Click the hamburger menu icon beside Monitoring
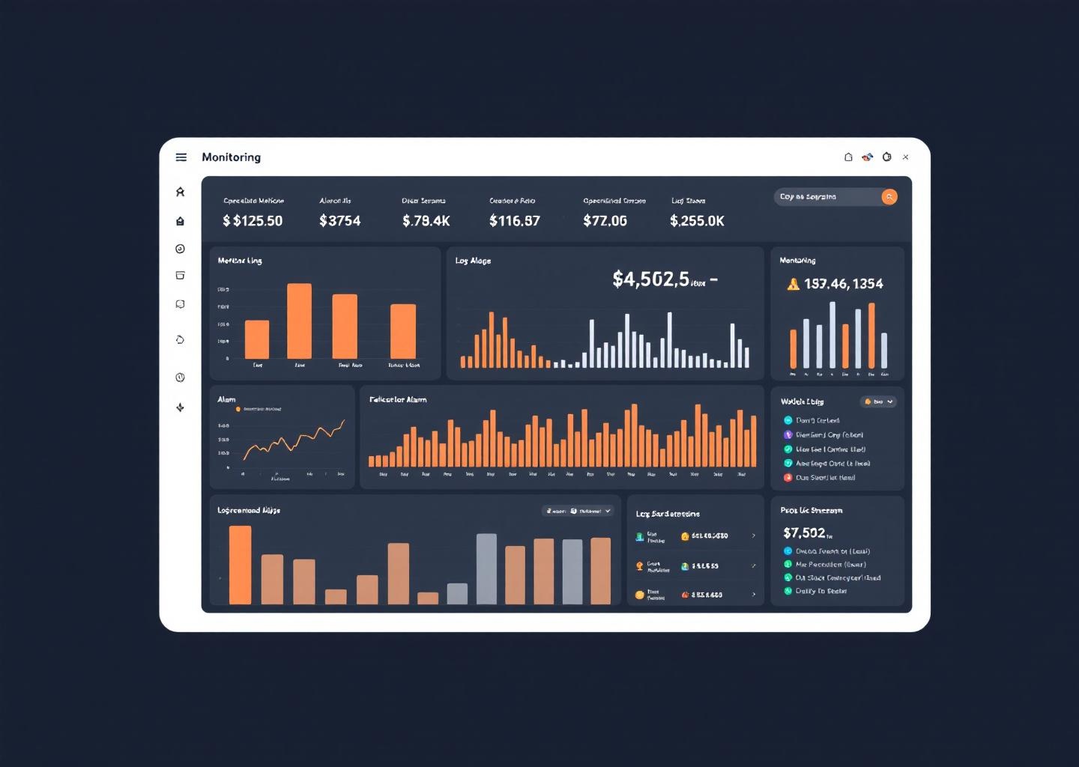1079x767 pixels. coord(181,157)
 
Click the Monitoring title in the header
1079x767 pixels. coord(231,157)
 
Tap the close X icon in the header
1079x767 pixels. coord(906,157)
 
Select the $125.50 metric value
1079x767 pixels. coord(253,221)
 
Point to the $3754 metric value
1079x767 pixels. coord(339,221)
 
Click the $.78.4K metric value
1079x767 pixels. coord(426,221)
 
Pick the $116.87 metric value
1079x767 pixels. coord(514,221)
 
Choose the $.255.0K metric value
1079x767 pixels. coord(697,221)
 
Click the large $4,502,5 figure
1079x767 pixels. coord(650,279)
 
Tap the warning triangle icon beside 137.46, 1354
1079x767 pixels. coord(793,284)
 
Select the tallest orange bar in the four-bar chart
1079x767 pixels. coord(299,321)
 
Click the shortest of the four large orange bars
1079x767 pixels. coord(257,339)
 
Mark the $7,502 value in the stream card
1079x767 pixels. coord(804,533)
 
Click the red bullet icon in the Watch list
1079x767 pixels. coord(788,478)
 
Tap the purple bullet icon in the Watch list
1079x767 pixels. coord(788,434)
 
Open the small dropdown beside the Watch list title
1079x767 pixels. coord(878,401)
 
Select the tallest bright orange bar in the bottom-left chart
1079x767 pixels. coord(240,564)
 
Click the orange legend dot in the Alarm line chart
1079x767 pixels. coord(238,409)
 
